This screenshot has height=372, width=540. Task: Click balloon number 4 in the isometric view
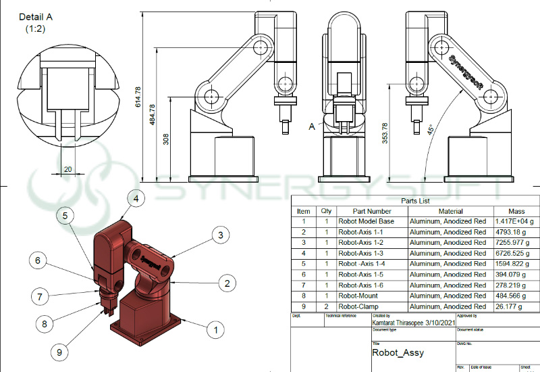[136, 199]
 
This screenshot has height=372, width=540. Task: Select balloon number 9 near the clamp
[59, 352]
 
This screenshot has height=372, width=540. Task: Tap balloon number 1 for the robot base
[215, 330]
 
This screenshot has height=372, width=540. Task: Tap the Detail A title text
[35, 17]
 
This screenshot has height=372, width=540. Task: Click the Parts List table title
[414, 201]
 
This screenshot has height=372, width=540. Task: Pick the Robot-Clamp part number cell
[360, 306]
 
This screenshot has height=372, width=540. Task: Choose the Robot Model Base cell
[366, 221]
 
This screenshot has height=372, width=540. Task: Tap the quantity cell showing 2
[325, 306]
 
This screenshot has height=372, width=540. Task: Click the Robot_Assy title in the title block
[398, 352]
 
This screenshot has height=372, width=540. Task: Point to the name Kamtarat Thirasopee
[402, 323]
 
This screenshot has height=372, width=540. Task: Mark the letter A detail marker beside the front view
[312, 126]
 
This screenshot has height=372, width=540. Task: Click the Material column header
[441, 211]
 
